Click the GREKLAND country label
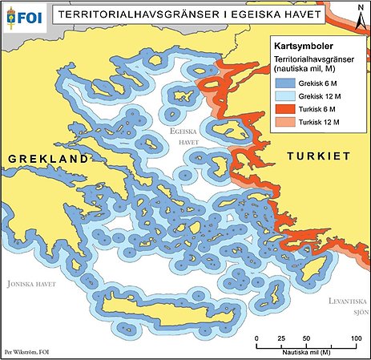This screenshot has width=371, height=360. point(47,160)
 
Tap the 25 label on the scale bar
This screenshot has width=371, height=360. point(281,341)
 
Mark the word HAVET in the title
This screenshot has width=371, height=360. point(284,15)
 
